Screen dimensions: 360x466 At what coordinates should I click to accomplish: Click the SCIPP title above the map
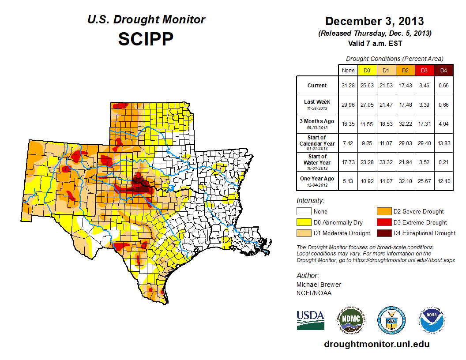tap(146, 39)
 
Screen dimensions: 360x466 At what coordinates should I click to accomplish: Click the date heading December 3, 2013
tap(375, 21)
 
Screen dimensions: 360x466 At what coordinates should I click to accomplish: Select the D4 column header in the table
tap(444, 70)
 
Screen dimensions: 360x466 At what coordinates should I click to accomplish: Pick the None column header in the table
tap(348, 70)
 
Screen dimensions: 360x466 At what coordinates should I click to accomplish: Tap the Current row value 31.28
tap(348, 86)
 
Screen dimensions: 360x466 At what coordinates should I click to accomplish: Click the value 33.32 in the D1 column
tap(386, 162)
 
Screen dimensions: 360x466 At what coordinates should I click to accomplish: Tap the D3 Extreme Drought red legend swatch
tap(383, 222)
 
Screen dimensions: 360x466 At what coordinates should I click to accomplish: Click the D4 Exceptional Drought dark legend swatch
tap(383, 233)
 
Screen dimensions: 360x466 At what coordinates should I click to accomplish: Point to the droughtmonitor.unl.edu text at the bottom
tap(376, 344)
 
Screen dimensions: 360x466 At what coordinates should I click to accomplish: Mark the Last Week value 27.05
tap(367, 105)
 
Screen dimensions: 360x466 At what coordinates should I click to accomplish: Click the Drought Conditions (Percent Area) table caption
tap(395, 59)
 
